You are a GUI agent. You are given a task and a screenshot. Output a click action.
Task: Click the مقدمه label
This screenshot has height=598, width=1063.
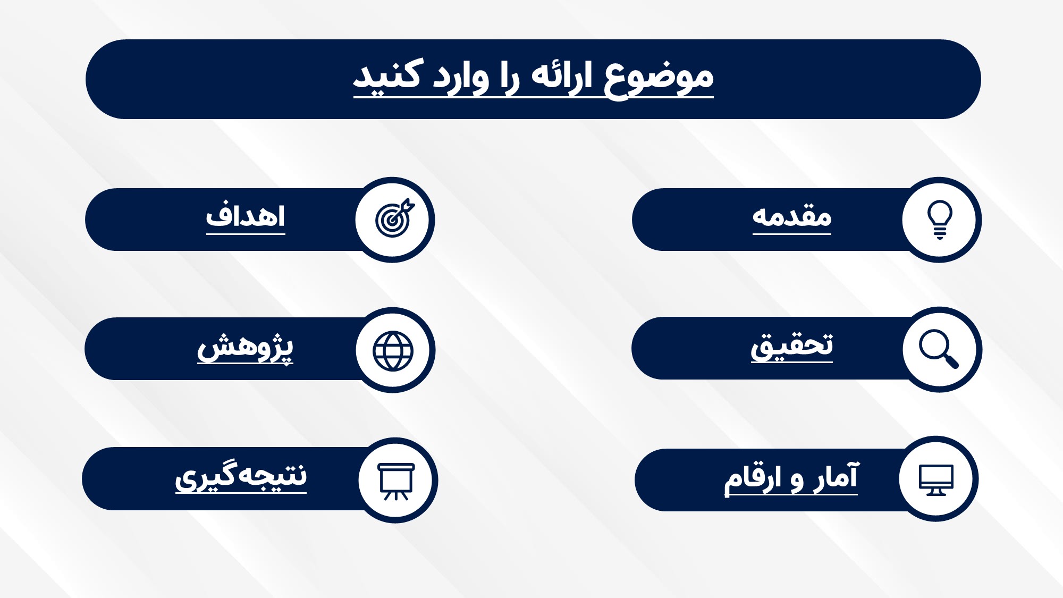pyautogui.click(x=792, y=217)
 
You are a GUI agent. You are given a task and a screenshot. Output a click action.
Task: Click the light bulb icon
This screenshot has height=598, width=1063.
pyautogui.click(x=940, y=220)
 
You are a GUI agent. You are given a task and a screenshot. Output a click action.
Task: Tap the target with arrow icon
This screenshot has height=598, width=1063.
pyautogui.click(x=394, y=218)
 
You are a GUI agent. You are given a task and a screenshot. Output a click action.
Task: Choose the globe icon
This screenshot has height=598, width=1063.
pyautogui.click(x=393, y=351)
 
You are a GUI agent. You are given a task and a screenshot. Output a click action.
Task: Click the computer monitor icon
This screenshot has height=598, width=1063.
pyautogui.click(x=937, y=479)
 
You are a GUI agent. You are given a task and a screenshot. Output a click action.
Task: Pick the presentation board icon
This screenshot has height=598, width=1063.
pyautogui.click(x=396, y=482)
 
